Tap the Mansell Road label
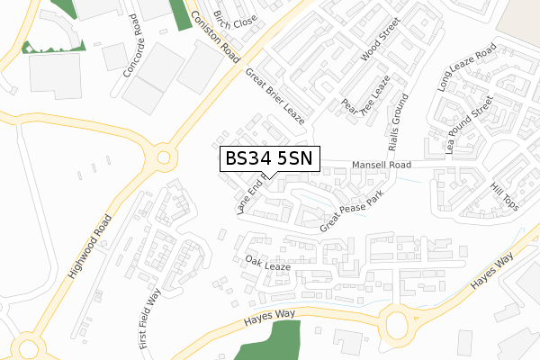[x=382, y=166]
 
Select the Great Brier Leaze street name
[x=275, y=96]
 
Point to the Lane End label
[x=249, y=198]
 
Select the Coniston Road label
[x=212, y=33]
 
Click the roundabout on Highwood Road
[x=163, y=157]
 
